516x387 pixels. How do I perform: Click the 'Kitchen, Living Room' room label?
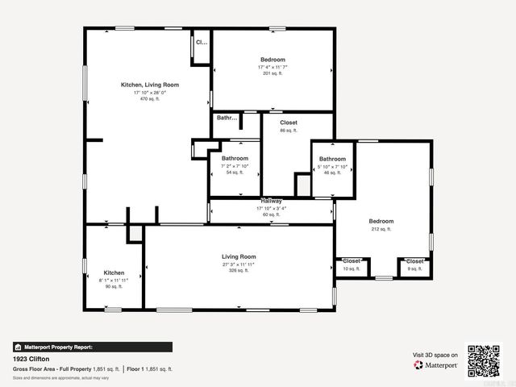coord(149,85)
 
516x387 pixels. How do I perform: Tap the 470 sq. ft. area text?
coord(150,99)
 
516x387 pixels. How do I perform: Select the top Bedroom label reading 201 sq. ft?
coord(273,60)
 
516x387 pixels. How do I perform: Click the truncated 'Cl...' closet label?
coord(202,42)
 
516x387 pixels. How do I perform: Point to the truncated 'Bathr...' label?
coord(227,118)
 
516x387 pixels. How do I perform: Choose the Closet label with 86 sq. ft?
coord(288,123)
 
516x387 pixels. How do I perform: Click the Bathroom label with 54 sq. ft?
coord(235,159)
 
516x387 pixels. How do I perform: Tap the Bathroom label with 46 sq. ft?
coord(332,159)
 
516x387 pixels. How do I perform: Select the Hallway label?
coord(270,201)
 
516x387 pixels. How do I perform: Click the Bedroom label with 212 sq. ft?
coord(381,221)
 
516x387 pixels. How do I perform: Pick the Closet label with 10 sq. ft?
coord(352,261)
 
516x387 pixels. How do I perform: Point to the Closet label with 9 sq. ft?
coord(414,261)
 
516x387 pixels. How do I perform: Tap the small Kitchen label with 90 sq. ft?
coord(114,273)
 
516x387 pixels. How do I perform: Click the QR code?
coord(484,360)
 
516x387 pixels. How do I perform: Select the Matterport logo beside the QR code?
coord(436,365)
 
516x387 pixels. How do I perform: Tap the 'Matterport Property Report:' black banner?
coord(92,347)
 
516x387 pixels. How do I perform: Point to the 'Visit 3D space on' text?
coord(435,355)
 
